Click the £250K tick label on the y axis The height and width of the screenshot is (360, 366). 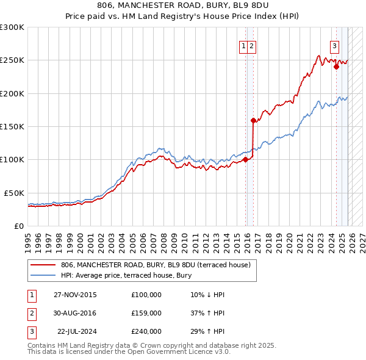(x=12, y=60)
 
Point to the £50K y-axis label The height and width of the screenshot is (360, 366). (x=14, y=193)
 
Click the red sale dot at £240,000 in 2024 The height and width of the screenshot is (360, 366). (x=336, y=67)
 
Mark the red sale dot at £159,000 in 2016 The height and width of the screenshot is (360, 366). (x=253, y=121)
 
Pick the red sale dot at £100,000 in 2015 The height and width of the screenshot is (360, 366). (x=245, y=160)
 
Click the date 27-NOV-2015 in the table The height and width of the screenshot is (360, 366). (x=74, y=295)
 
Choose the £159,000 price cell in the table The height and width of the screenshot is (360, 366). (x=146, y=313)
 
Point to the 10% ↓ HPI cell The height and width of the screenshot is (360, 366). (x=207, y=295)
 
